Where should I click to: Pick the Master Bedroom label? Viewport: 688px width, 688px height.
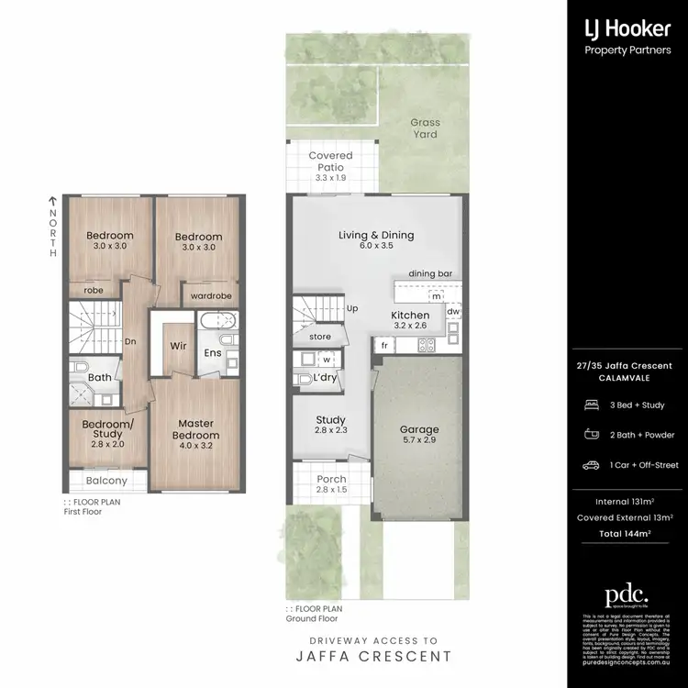[198, 429]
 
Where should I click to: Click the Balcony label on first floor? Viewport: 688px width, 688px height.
[107, 480]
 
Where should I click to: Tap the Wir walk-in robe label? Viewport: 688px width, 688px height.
[179, 347]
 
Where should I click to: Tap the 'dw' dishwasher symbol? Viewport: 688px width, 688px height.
[453, 312]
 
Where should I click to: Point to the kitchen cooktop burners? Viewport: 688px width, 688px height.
[427, 345]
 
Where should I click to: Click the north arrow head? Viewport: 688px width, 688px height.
[53, 198]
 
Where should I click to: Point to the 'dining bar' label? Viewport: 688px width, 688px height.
[430, 273]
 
